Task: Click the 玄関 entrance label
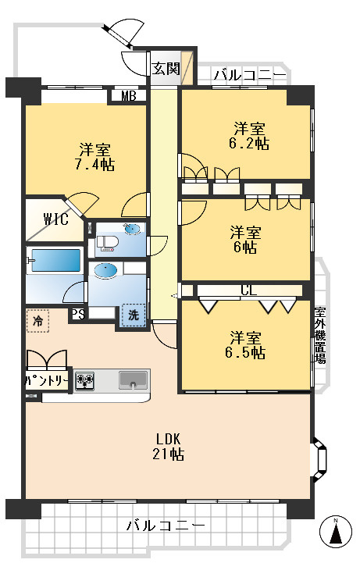point(166,68)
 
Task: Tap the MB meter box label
point(129,96)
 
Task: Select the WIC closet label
point(56,219)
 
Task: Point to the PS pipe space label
point(78,315)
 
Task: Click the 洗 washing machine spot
point(134,315)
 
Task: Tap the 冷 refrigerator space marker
point(37,321)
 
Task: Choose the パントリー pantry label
point(47,380)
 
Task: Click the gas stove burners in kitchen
point(84,380)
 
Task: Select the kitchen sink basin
point(133,380)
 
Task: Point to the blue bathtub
point(55,260)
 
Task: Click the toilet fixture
point(106,244)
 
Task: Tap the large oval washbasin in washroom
point(105,271)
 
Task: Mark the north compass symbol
point(336,532)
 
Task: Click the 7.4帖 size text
point(94,165)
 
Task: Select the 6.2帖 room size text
point(249,144)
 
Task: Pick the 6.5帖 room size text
point(245,353)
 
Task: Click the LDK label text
point(168,439)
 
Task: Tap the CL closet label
point(249,290)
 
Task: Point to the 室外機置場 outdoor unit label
point(320,335)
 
